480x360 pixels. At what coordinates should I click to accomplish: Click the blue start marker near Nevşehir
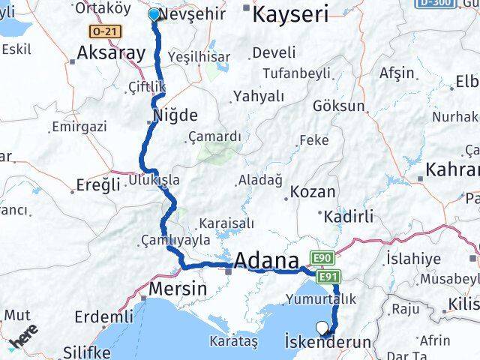click(x=154, y=14)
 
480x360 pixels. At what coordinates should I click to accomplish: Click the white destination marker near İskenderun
click(x=322, y=327)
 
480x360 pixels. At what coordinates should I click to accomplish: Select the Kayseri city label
click(x=290, y=13)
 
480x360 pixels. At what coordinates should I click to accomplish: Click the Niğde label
click(x=175, y=115)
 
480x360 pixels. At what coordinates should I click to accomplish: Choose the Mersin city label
click(x=178, y=288)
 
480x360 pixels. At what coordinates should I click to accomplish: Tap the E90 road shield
click(x=322, y=259)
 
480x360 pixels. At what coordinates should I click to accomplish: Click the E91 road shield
click(x=328, y=277)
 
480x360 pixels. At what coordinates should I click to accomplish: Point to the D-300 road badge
click(x=436, y=4)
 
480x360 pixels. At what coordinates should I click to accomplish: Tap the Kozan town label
click(x=313, y=192)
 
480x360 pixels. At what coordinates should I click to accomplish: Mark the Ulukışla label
click(x=154, y=180)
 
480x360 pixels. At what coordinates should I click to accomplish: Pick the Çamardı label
click(x=215, y=136)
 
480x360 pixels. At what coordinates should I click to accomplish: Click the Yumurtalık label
click(x=316, y=298)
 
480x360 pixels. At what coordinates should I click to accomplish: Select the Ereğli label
click(x=99, y=185)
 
